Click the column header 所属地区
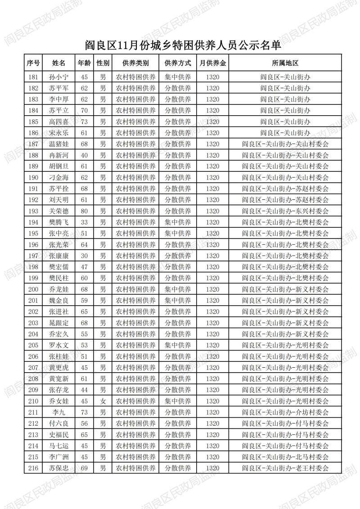click(x=285, y=63)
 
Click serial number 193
click(x=33, y=211)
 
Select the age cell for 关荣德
click(x=84, y=211)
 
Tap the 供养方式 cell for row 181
click(x=178, y=77)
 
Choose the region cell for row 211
click(x=285, y=412)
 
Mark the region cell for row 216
click(x=285, y=468)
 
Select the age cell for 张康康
click(x=84, y=256)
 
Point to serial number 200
click(x=33, y=289)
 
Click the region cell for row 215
click(x=285, y=457)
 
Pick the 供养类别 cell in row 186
click(x=136, y=133)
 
